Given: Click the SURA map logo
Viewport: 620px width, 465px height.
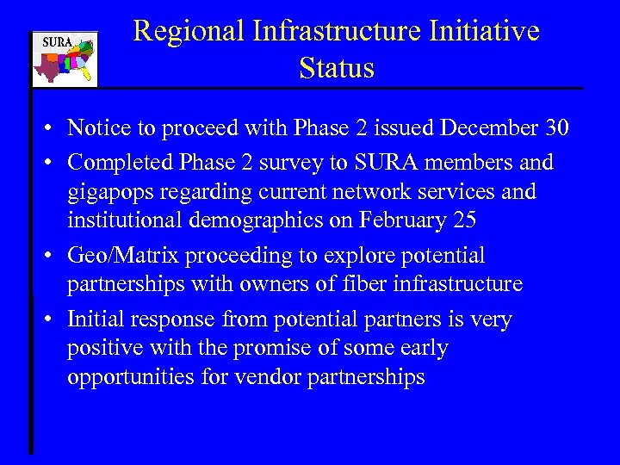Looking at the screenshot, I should tap(65, 59).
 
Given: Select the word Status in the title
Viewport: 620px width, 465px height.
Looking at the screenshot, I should tap(337, 67).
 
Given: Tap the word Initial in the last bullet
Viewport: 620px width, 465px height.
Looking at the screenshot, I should tap(95, 319).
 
